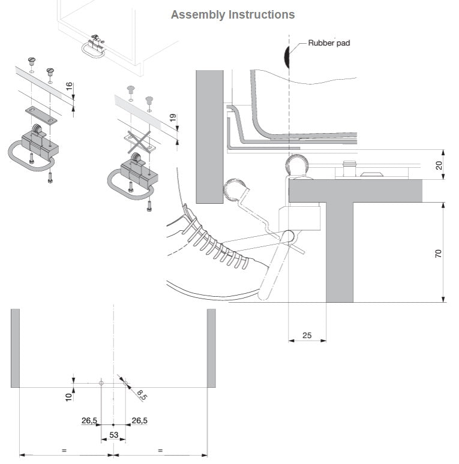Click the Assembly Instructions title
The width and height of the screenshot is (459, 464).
233,14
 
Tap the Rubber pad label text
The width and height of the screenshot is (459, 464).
329,43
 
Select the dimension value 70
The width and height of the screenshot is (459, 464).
439,253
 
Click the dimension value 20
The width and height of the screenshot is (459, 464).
439,165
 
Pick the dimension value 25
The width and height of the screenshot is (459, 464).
307,336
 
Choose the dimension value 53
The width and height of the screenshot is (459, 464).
113,434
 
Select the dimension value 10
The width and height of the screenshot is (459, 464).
68,396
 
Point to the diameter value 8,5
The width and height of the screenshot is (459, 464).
142,394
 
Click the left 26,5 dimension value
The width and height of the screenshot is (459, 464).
89,421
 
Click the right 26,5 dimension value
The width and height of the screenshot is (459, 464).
139,421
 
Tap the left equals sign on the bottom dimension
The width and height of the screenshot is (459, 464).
64,450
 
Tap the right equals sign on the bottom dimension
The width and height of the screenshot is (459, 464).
160,450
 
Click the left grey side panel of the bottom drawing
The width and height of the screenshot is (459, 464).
15,348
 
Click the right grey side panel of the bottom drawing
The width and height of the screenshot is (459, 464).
211,348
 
